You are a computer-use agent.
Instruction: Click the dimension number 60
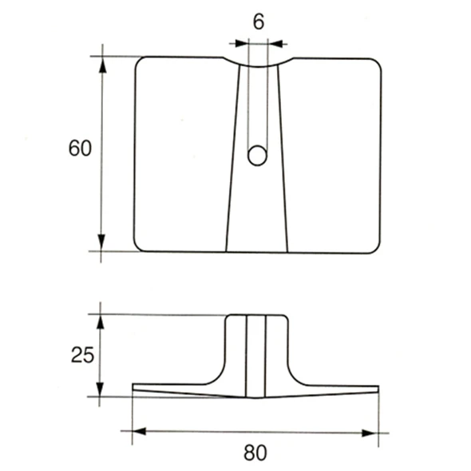[81, 149]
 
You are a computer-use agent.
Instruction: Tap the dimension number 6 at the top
[258, 22]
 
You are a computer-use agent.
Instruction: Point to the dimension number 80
[254, 453]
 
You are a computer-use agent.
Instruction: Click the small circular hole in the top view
[256, 156]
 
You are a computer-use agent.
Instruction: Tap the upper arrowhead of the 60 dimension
[102, 63]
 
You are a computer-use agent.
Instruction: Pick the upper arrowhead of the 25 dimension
[101, 320]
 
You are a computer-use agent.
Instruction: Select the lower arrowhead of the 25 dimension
[101, 390]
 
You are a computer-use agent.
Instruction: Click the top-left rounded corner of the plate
[141, 63]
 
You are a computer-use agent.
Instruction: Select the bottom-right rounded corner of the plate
[372, 245]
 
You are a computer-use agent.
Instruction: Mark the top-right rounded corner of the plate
[373, 64]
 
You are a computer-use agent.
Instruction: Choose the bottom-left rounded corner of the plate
[141, 245]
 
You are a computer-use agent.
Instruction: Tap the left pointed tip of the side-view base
[133, 389]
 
